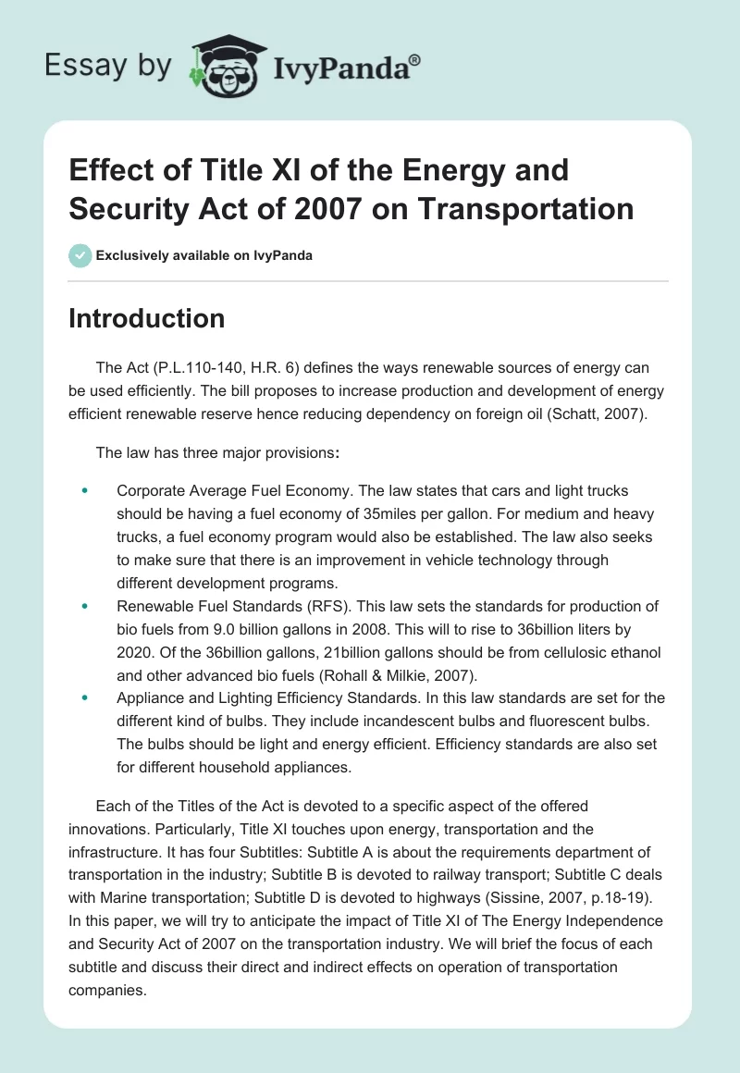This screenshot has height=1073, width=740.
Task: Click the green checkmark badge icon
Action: tap(80, 255)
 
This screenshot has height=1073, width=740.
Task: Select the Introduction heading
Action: tap(147, 318)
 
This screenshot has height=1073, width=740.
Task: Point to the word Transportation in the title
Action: tap(525, 208)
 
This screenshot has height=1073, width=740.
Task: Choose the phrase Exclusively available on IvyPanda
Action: tap(203, 255)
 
